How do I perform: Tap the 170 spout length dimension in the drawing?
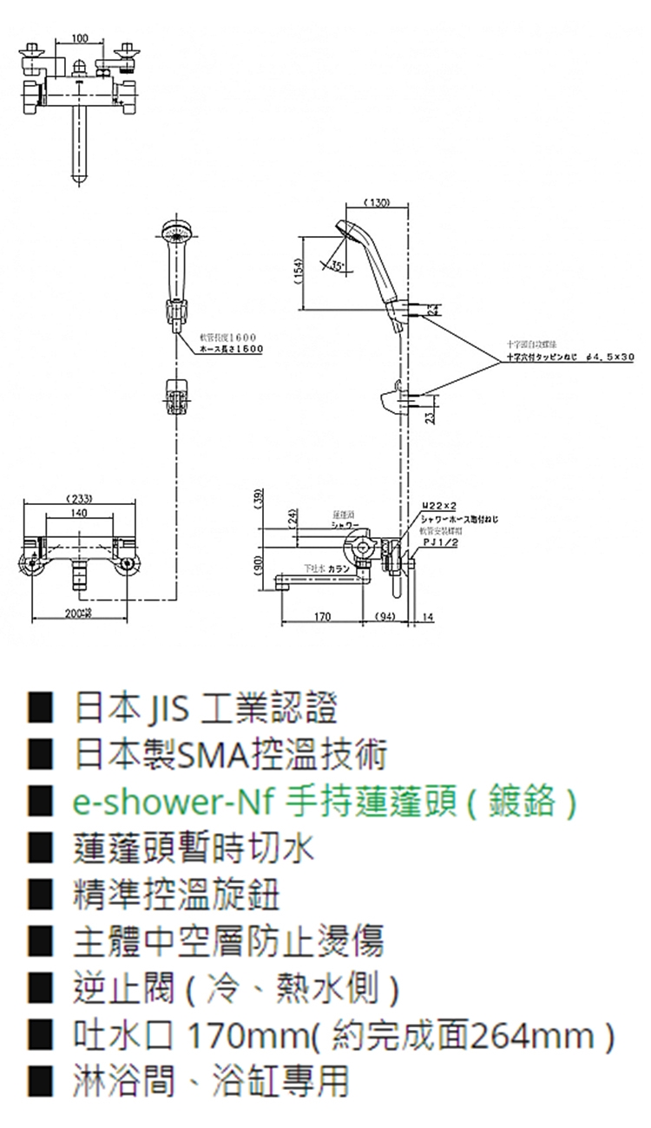coord(322,617)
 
